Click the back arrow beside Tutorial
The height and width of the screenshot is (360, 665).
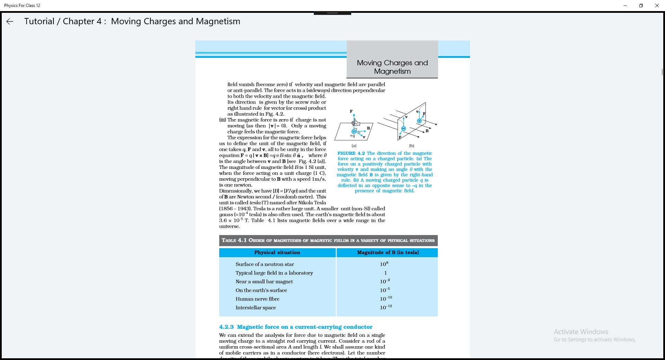(x=10, y=21)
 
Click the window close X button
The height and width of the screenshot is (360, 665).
(x=657, y=6)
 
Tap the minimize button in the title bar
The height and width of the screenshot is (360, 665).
(x=625, y=6)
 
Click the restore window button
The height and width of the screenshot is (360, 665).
(x=641, y=6)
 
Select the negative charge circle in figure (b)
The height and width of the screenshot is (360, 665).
(x=404, y=128)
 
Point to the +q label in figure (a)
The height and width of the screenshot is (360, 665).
(x=352, y=136)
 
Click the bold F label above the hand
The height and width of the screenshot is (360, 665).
(x=351, y=111)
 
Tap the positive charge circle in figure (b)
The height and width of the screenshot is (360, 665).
(x=419, y=121)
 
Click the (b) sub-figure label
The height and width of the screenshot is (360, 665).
(x=411, y=146)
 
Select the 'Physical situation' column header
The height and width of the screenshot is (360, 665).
(x=277, y=252)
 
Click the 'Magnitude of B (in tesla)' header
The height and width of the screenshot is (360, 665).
(x=388, y=252)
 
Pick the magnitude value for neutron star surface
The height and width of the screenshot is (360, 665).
(x=384, y=264)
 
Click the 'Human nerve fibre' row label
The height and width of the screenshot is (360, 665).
(x=257, y=299)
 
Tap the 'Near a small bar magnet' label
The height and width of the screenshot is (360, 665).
(x=264, y=281)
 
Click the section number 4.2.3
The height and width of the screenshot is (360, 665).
(x=226, y=327)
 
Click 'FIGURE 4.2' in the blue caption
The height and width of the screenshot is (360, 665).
(x=351, y=153)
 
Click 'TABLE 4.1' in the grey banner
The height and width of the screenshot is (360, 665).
(x=234, y=240)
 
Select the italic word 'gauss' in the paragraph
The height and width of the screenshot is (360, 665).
(x=226, y=215)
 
